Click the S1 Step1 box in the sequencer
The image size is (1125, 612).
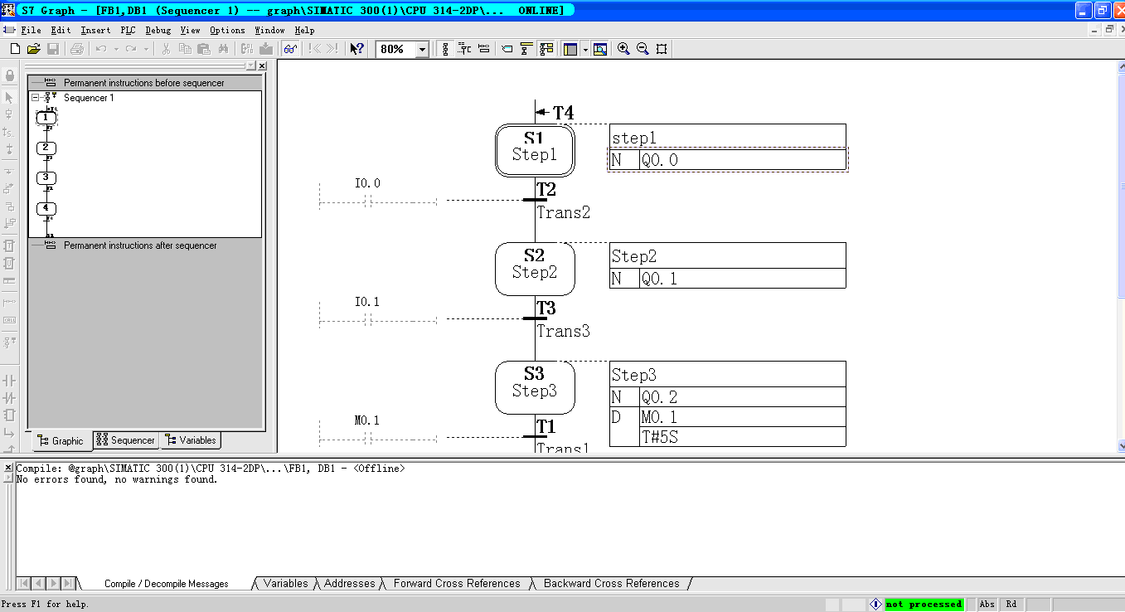point(535,150)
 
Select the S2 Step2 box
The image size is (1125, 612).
point(535,269)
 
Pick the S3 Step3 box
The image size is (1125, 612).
point(535,387)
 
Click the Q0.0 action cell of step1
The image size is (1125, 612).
point(742,160)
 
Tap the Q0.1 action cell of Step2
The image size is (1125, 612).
point(742,279)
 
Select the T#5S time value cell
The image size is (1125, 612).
point(742,437)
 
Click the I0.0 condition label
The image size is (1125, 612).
point(367,183)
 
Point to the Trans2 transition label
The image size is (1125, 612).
point(564,213)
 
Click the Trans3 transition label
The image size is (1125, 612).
point(564,332)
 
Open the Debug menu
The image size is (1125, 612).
point(158,30)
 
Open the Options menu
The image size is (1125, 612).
point(227,30)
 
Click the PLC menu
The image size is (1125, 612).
point(128,30)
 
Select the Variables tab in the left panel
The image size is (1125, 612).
point(191,440)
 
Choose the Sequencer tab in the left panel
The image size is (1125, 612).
point(126,440)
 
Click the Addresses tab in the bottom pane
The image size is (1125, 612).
point(349,584)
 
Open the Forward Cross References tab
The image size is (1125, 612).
point(457,584)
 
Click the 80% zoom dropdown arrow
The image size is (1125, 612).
point(422,50)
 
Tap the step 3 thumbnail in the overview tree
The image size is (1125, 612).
point(46,177)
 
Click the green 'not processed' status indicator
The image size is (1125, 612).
point(924,605)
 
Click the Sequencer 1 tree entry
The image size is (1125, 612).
point(89,98)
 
